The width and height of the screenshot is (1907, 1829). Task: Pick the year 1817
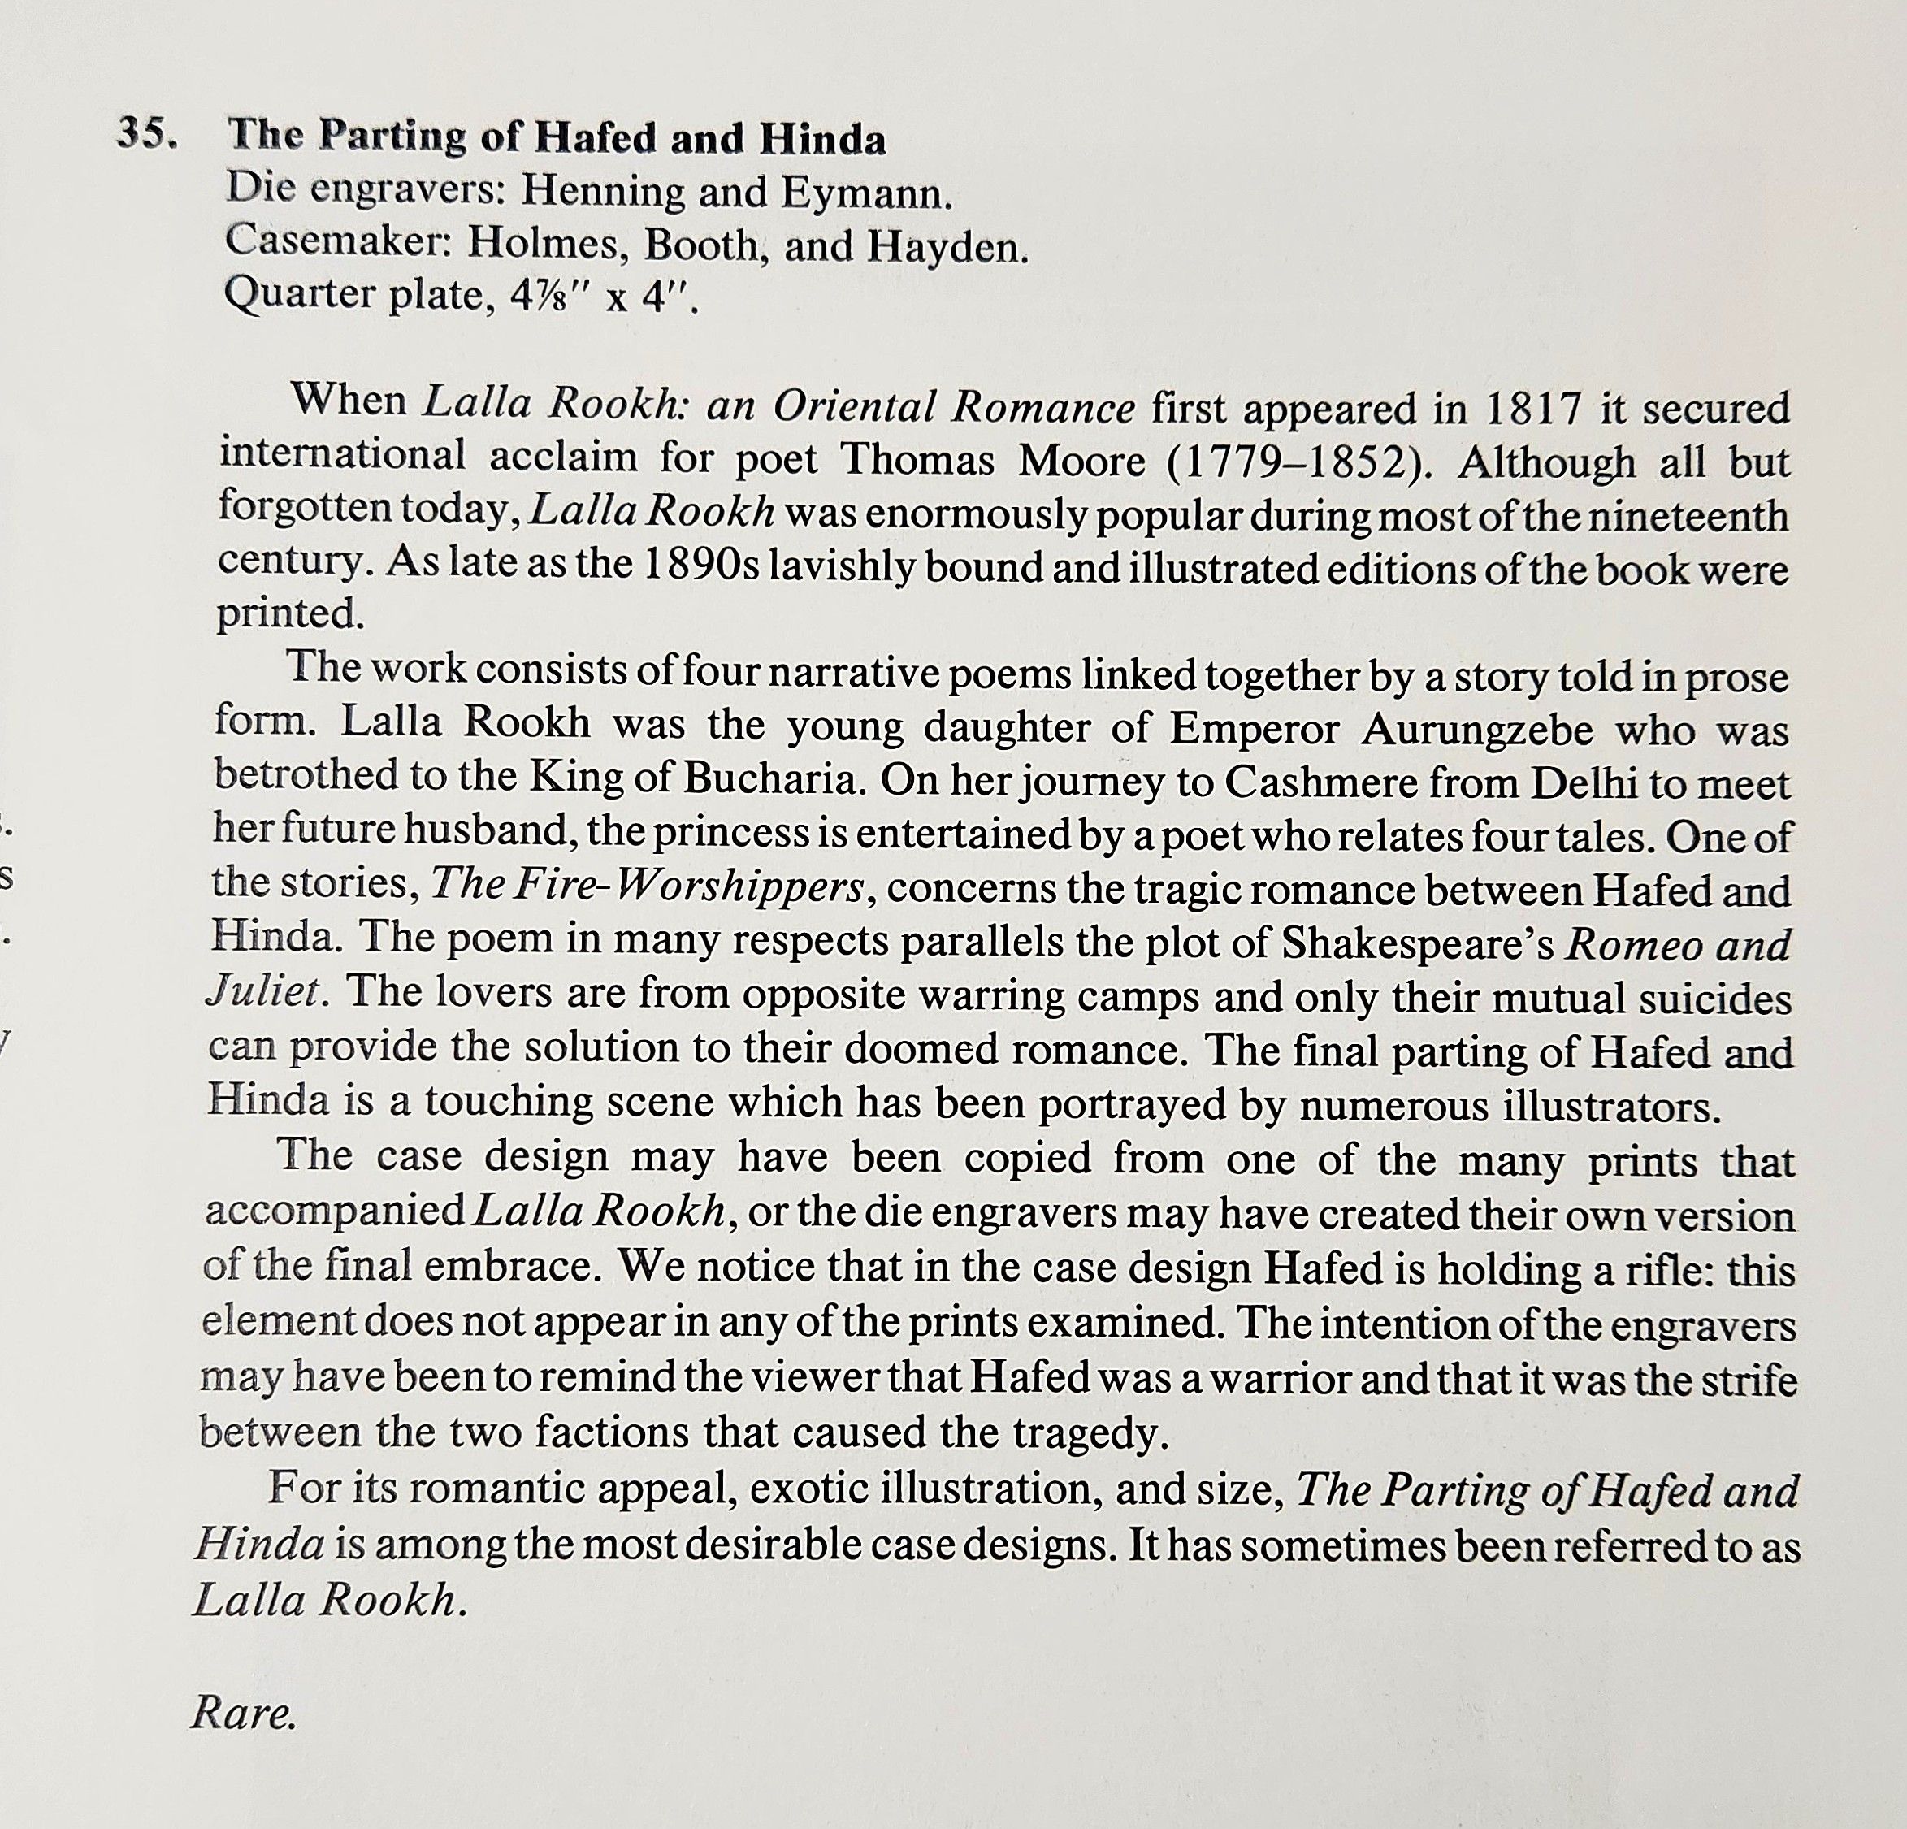tap(1532, 409)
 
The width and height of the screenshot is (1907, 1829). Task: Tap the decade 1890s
tap(701, 566)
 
